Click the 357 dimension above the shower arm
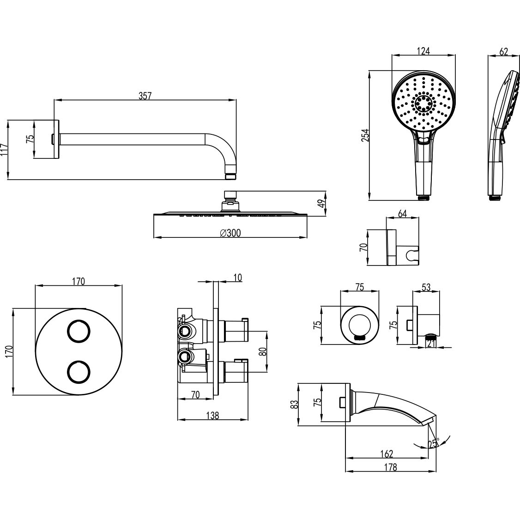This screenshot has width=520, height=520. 145,96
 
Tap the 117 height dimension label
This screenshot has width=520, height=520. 4,150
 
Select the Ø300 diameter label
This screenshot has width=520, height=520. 230,234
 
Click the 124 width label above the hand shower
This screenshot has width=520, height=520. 423,51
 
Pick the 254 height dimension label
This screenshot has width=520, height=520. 365,135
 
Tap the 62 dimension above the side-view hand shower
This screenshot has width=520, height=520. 503,52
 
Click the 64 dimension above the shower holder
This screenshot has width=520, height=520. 402,214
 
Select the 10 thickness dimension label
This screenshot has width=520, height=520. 237,278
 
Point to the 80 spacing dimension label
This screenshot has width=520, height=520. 263,351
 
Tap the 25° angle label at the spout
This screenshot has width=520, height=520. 433,444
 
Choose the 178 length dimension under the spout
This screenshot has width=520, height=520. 390,467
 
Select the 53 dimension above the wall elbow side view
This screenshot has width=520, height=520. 426,287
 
